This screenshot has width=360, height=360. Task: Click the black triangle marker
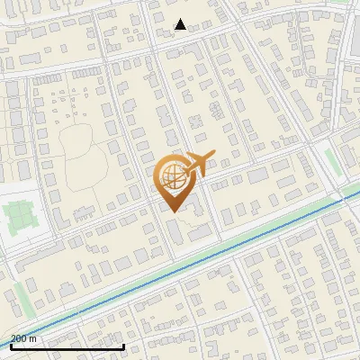tap(180, 24)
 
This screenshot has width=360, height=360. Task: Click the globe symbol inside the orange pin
tap(171, 175)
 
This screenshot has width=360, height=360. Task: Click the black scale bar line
tap(67, 346)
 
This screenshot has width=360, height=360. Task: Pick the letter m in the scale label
tap(33, 338)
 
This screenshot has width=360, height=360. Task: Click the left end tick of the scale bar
tap(10, 345)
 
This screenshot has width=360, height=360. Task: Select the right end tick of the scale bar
tap(123, 345)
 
